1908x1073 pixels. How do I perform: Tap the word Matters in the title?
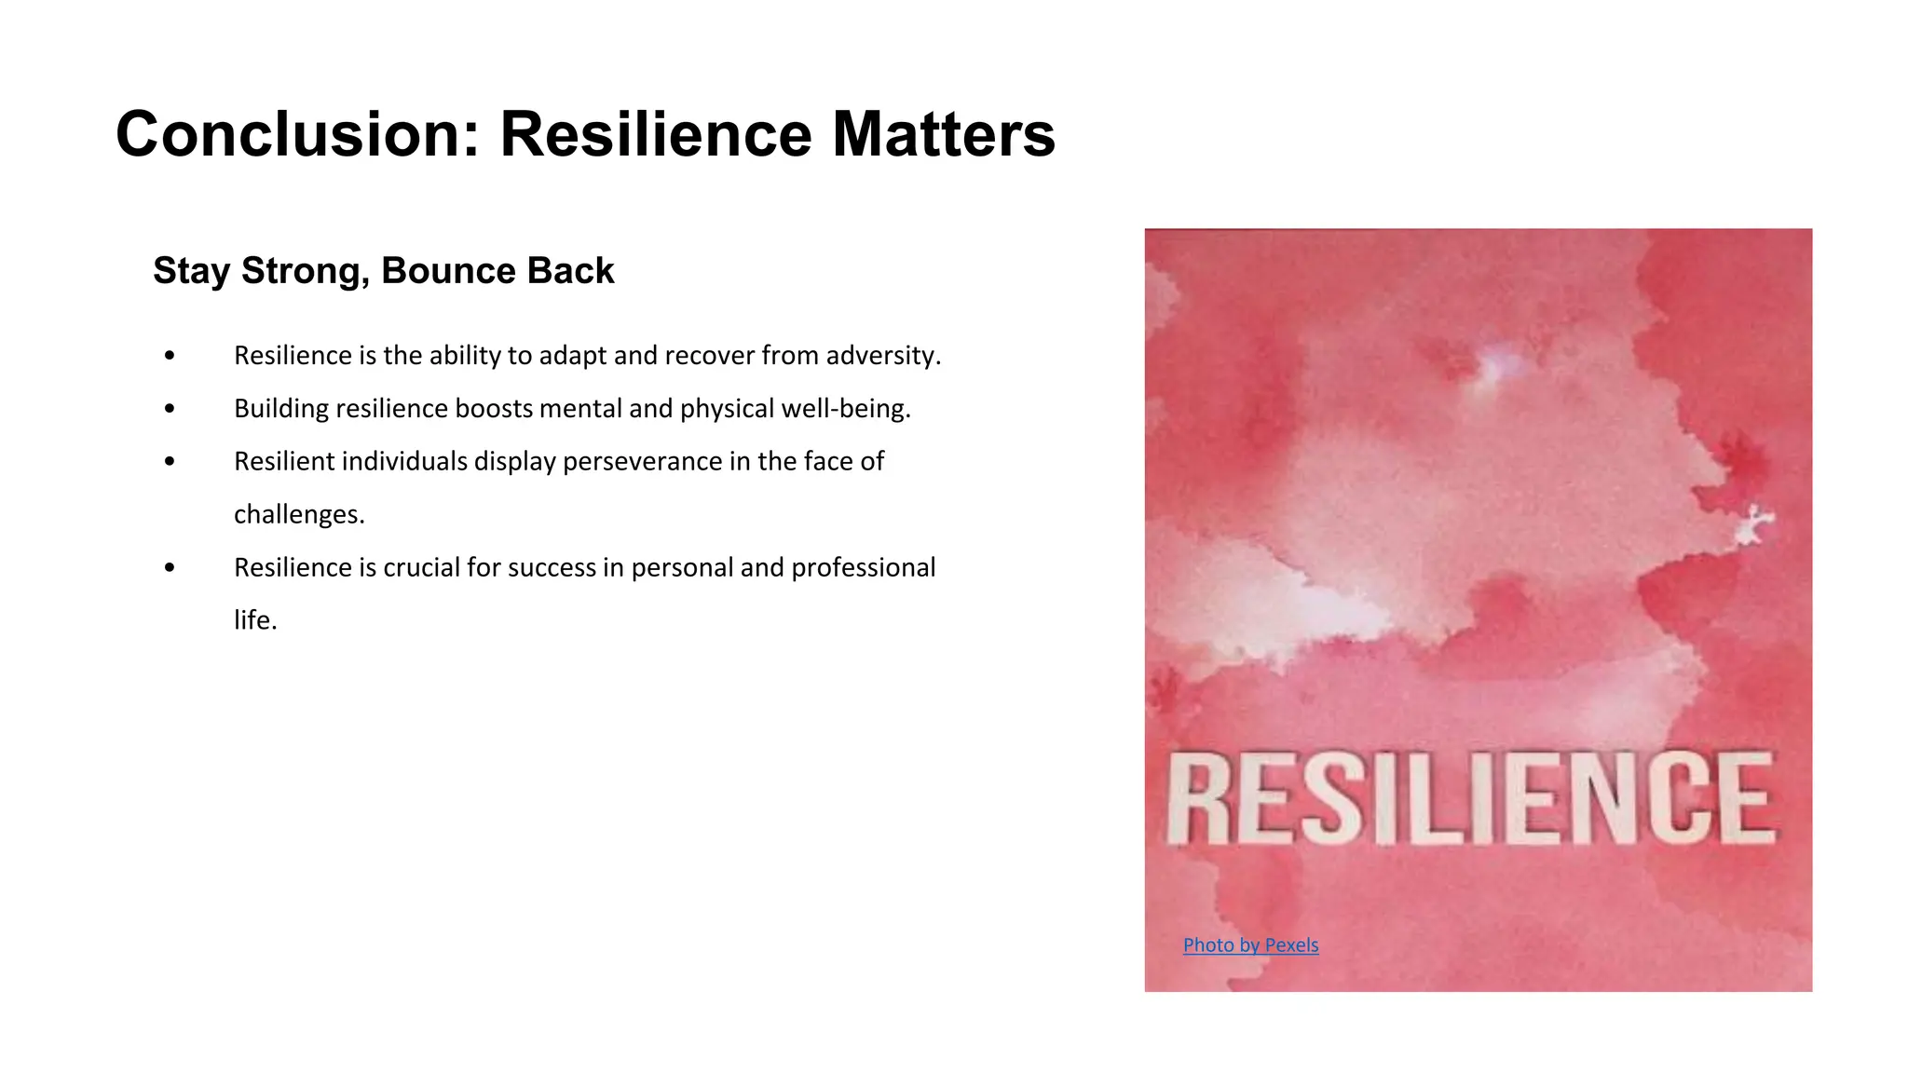[943, 135]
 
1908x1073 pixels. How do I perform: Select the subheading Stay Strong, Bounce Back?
[383, 271]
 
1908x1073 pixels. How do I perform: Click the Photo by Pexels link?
[1250, 945]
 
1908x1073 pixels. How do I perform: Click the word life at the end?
[254, 620]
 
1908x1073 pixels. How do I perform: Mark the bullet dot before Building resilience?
[169, 409]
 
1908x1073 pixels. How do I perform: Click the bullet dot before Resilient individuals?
[169, 462]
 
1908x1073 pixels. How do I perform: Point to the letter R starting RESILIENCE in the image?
[1196, 800]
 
